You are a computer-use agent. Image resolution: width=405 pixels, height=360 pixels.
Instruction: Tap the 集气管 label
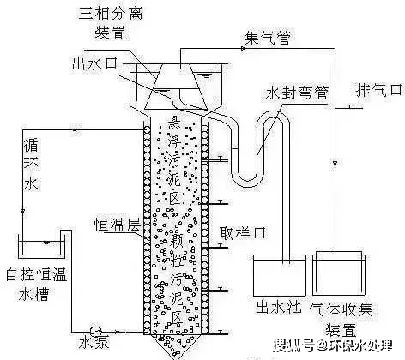pos(268,38)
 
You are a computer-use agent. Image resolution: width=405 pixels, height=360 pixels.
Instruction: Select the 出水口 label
pos(95,63)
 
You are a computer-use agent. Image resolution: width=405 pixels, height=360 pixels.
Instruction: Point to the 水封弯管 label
pos(297,93)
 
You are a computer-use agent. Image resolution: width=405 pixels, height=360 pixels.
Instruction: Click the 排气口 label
pos(379,90)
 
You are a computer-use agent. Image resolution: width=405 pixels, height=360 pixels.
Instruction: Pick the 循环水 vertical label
pos(31,165)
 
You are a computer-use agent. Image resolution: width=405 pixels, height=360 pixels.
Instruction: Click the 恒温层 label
pos(118,225)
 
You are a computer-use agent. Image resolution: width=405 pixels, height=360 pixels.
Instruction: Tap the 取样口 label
pos(243,233)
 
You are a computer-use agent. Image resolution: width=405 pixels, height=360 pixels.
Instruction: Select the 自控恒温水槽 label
pos(36,284)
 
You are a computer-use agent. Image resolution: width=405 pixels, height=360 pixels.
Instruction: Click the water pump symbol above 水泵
pos(95,332)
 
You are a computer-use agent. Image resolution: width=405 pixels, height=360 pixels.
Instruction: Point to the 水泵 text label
pos(94,342)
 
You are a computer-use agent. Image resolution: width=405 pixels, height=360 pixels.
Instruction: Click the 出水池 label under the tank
pos(278,308)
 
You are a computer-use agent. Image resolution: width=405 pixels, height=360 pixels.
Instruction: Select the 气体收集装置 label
pos(342,319)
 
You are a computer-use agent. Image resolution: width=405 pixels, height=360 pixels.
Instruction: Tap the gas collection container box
pos(339,273)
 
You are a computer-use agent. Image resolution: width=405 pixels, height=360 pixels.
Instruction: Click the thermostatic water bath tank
pos(40,246)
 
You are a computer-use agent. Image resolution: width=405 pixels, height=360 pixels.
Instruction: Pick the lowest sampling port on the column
pos(220,333)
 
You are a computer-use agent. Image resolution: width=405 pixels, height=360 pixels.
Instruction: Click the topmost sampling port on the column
pos(220,159)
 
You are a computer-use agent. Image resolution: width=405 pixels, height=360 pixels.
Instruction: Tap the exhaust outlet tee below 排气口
pos(349,107)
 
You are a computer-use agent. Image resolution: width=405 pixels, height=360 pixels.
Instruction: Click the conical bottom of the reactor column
pos(176,346)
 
